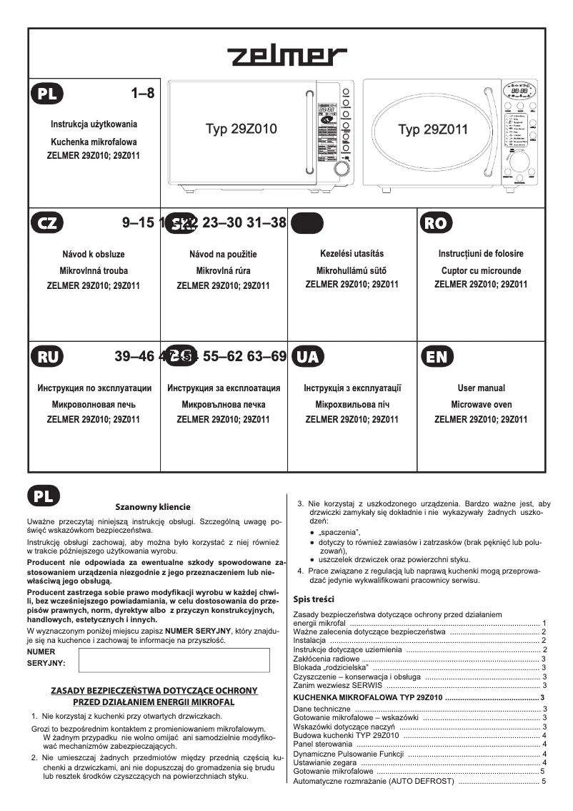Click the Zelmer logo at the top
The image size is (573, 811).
(287, 56)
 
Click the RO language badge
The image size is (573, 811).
(436, 223)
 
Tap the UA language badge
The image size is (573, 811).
(307, 358)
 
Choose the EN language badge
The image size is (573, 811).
(436, 358)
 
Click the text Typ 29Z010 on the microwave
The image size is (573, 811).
(241, 129)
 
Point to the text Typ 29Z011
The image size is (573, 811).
(433, 129)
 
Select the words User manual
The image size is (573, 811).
(481, 388)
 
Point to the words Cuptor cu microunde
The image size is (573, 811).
(481, 271)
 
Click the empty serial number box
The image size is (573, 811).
(174, 660)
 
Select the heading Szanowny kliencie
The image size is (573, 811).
(153, 506)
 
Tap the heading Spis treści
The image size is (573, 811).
(314, 599)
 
